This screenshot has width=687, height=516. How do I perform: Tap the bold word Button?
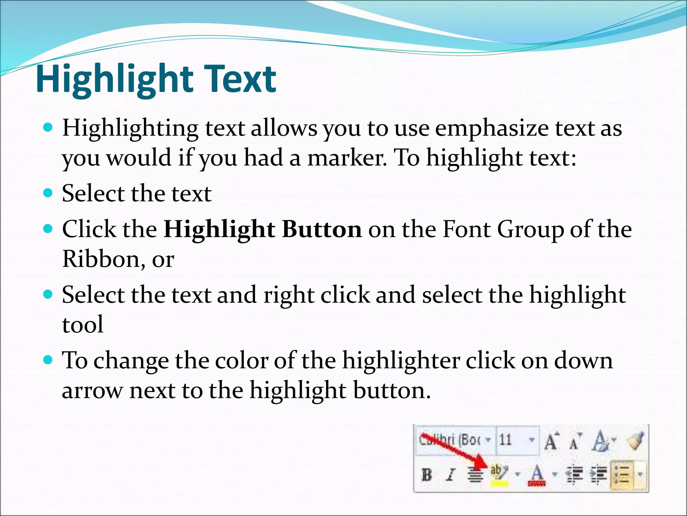(322, 229)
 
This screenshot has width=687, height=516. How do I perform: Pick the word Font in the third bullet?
(467, 229)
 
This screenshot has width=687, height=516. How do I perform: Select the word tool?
(83, 325)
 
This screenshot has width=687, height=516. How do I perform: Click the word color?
(241, 361)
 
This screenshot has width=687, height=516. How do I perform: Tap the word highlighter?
(401, 361)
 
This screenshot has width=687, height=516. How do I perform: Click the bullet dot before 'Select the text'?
(49, 193)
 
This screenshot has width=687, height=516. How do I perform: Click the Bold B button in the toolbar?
(427, 475)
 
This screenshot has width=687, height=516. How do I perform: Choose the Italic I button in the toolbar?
(451, 475)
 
